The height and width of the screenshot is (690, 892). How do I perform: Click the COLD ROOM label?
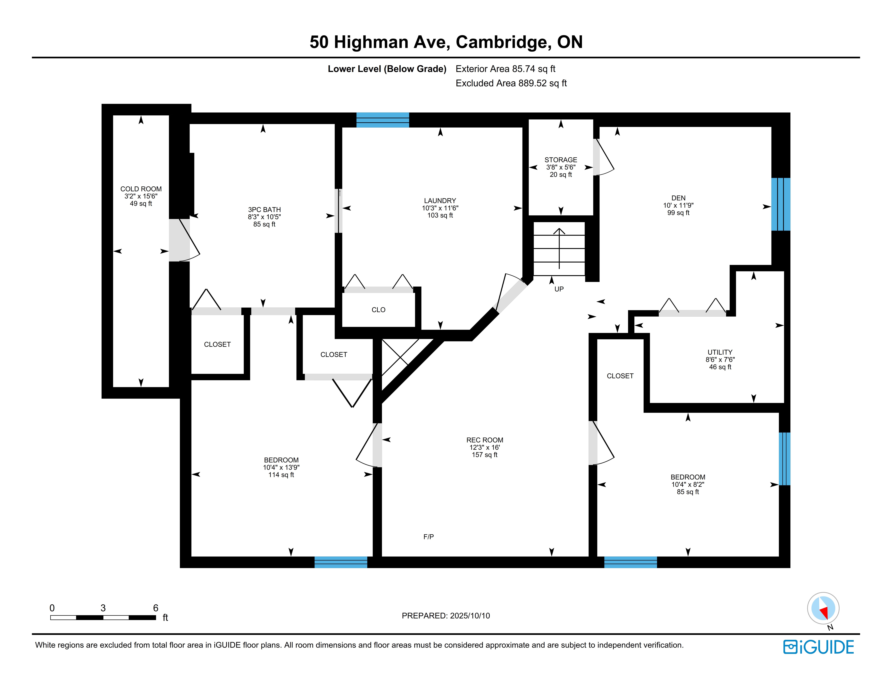[141, 189]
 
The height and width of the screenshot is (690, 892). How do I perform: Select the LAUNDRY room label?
[440, 201]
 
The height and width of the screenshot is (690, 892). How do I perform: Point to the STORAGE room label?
[561, 160]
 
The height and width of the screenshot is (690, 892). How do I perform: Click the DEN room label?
[678, 198]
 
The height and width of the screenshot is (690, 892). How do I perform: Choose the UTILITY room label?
[720, 352]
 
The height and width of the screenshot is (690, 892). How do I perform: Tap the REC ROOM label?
[485, 440]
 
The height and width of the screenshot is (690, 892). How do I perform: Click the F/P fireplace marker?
[428, 537]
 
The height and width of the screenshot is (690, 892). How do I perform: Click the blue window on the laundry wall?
[383, 120]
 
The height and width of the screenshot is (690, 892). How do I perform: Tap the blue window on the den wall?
[781, 204]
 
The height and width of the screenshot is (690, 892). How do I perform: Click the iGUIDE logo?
[818, 647]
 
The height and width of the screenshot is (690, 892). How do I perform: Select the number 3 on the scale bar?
[103, 608]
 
